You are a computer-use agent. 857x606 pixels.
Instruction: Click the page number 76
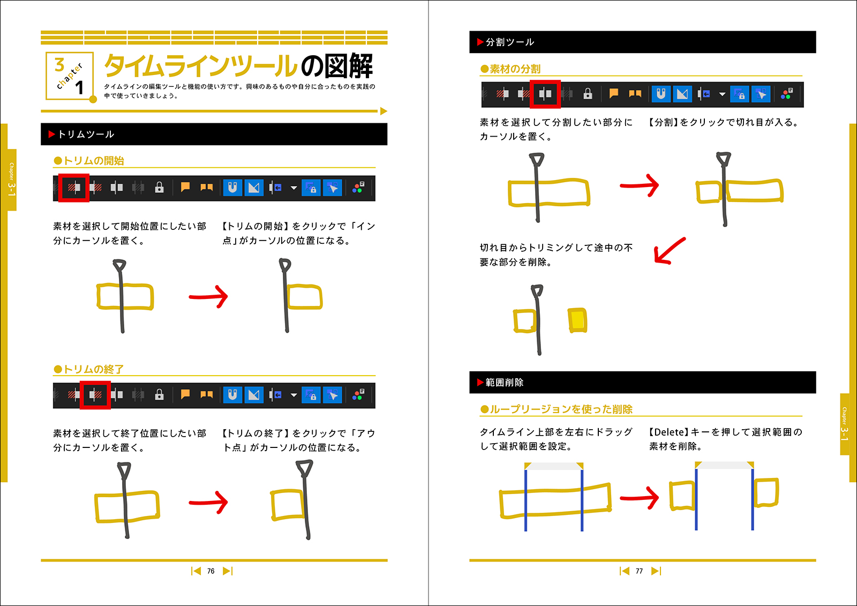coord(211,571)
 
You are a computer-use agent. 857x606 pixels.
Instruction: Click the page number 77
coord(639,571)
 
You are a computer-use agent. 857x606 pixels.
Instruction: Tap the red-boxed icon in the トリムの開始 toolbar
coord(74,188)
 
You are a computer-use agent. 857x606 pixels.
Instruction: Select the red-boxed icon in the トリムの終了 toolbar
coord(95,395)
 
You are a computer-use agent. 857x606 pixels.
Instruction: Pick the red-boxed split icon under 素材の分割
coord(545,94)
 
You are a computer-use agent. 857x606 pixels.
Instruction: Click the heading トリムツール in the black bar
coord(86,134)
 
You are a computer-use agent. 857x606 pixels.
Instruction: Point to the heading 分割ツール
coord(510,42)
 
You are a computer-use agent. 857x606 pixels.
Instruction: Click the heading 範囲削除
coord(505,383)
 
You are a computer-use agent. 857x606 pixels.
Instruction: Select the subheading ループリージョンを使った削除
coord(561,409)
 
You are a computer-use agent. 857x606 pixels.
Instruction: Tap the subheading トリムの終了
coord(93,369)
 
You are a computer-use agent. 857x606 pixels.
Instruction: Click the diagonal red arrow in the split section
coord(669,251)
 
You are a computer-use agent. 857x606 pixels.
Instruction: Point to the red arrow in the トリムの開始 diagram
coord(209,296)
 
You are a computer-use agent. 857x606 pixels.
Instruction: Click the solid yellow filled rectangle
coord(577,320)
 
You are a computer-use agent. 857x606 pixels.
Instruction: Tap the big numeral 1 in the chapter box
coord(80,87)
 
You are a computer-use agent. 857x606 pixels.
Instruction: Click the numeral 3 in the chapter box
coord(59,65)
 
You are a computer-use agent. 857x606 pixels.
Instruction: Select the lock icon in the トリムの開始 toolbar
coord(159,188)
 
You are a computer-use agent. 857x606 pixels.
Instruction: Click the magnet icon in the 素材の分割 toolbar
coord(661,94)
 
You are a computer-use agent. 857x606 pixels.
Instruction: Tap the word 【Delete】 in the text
coord(668,432)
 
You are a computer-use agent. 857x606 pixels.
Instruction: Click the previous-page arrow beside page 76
coord(196,571)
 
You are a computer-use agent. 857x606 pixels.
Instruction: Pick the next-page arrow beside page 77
coord(656,571)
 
